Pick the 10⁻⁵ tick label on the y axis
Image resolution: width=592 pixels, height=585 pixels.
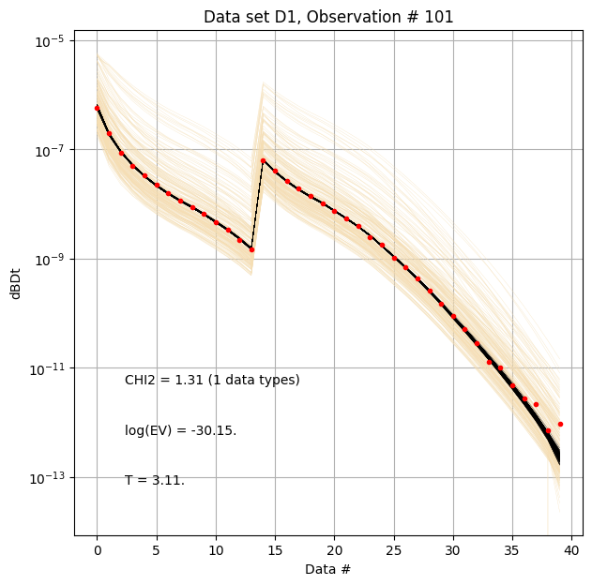coord(49,41)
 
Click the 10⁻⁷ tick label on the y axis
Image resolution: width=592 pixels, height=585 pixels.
coord(49,150)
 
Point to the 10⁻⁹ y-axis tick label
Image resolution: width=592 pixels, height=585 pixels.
coord(49,260)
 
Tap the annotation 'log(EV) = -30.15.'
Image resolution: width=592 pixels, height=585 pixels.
coord(180,430)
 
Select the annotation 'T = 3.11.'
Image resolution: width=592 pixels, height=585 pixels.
coord(155,480)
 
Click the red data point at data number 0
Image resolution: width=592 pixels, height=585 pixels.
coord(97,108)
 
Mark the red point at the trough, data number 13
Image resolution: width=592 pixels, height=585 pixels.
coord(251,249)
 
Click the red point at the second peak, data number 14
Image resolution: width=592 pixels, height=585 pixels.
coord(264,160)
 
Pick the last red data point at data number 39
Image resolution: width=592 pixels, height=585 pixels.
coord(560,424)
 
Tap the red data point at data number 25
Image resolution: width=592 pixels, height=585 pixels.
coord(394,258)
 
